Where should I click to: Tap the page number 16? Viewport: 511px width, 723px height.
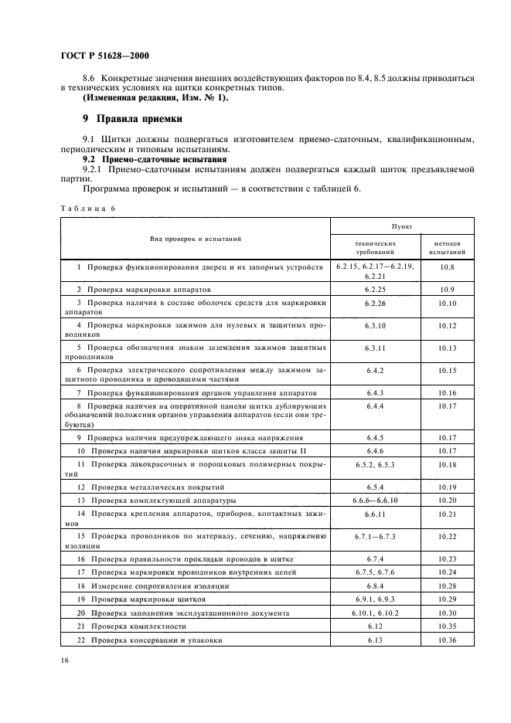pyautogui.click(x=63, y=662)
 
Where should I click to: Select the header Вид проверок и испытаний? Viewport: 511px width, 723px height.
pyautogui.click(x=196, y=239)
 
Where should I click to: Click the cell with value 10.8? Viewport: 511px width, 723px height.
pyautogui.click(x=447, y=266)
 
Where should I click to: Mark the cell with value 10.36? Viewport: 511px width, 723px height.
pyautogui.click(x=447, y=640)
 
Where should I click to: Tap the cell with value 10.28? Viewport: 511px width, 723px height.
pyautogui.click(x=447, y=586)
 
